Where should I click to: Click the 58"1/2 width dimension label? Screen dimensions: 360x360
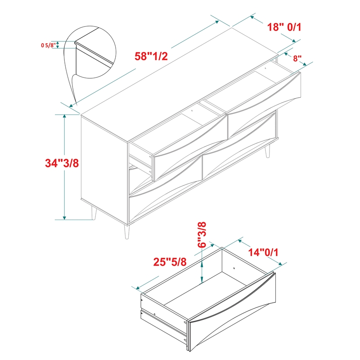pyautogui.click(x=151, y=56)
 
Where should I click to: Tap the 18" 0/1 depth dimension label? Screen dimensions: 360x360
pyautogui.click(x=284, y=27)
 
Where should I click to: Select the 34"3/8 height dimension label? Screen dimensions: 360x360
pyautogui.click(x=62, y=163)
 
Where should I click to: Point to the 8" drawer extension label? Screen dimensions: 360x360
pyautogui.click(x=297, y=58)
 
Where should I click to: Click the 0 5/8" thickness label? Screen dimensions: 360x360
pyautogui.click(x=48, y=45)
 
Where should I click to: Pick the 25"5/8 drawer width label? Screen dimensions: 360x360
pyautogui.click(x=170, y=262)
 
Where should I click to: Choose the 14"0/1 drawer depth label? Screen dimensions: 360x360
pyautogui.click(x=263, y=252)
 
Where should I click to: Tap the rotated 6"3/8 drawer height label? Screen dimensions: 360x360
pyautogui.click(x=202, y=234)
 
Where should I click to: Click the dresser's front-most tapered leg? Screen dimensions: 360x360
pyautogui.click(x=127, y=232)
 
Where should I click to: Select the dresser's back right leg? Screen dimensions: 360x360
pyautogui.click(x=267, y=152)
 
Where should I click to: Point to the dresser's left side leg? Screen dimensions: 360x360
pyautogui.click(x=94, y=213)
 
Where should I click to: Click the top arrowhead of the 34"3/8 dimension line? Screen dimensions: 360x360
pyautogui.click(x=64, y=116)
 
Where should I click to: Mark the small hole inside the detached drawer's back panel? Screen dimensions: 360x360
pyautogui.click(x=234, y=268)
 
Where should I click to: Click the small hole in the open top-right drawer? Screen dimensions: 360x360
pyautogui.click(x=265, y=68)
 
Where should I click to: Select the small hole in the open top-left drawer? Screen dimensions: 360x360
pyautogui.click(x=192, y=111)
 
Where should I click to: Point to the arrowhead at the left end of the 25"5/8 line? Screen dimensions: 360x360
pyautogui.click(x=138, y=288)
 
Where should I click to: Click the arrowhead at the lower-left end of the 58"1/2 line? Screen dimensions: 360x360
pyautogui.click(x=71, y=106)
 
